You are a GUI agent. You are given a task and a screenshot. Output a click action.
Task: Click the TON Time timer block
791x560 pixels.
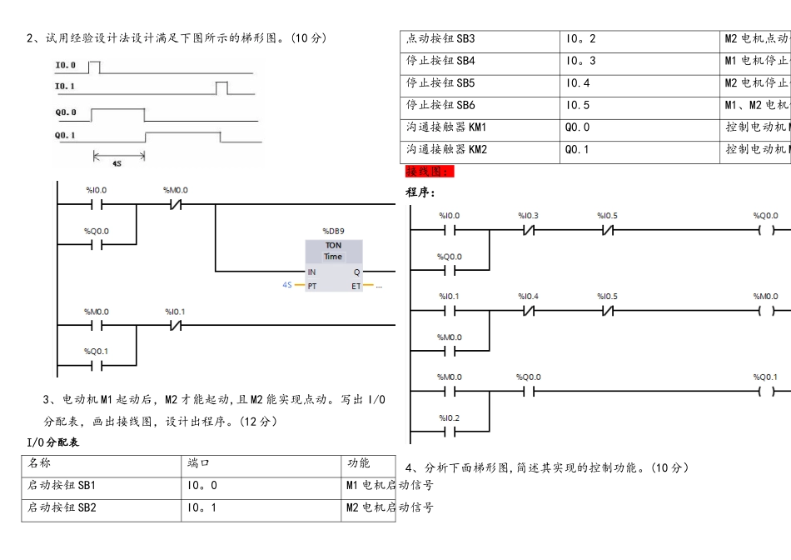pos(333,266)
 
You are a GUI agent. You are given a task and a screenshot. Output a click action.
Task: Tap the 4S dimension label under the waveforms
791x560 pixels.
pos(117,163)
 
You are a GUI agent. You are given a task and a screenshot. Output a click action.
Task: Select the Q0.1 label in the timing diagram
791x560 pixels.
pos(66,135)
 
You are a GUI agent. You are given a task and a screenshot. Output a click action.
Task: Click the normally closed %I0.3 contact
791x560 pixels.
pos(529,230)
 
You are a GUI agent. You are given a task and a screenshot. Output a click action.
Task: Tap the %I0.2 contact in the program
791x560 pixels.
pos(450,432)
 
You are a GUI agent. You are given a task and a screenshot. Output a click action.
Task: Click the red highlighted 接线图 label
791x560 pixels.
pos(430,172)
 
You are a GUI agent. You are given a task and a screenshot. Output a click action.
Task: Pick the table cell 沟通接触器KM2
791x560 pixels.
pos(445,150)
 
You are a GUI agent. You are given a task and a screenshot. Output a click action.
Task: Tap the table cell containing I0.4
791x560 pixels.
pos(578,83)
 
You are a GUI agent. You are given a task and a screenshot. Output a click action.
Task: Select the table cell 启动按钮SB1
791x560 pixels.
pos(62,485)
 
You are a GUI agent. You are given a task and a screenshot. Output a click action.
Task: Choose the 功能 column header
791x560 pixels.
pos(359,462)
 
